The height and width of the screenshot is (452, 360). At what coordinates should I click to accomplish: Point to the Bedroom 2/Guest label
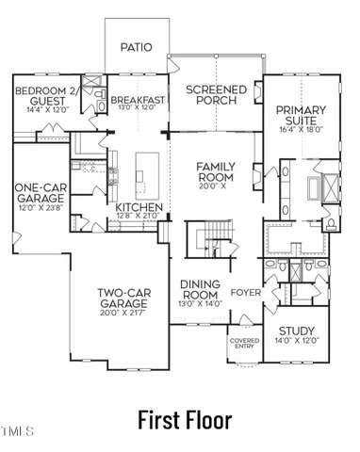[x=40, y=95]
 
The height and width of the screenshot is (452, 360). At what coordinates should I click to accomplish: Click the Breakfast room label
[x=138, y=99]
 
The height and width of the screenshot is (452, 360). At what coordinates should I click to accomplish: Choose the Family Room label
[x=215, y=171]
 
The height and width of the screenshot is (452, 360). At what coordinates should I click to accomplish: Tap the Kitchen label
[x=139, y=207]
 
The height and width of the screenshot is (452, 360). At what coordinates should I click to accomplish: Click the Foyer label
[x=245, y=292]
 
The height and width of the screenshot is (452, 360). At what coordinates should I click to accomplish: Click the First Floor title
[x=184, y=418]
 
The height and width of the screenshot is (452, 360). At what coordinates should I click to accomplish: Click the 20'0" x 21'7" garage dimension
[x=125, y=316]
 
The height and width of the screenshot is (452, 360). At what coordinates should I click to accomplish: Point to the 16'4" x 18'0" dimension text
[x=300, y=131]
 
